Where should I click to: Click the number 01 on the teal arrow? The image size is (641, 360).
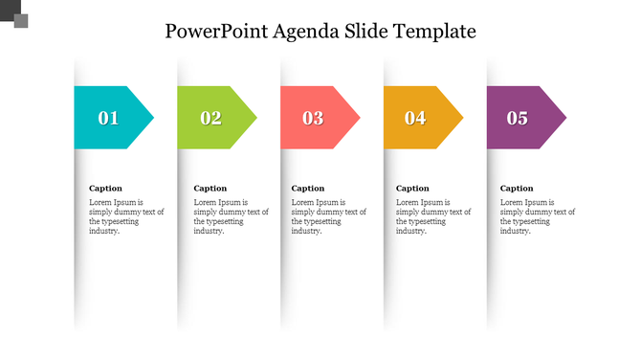108,119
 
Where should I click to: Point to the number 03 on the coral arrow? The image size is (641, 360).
313,119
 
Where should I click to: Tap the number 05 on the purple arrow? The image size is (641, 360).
518,119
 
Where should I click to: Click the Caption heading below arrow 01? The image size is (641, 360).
105,189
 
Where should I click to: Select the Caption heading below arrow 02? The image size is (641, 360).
210,189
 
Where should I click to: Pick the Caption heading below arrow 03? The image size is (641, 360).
308,189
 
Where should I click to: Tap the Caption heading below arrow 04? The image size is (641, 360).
413,189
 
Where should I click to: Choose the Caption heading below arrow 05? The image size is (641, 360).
518,189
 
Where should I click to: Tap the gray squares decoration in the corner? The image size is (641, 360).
13,13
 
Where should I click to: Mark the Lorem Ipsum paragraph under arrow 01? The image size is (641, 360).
118,216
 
